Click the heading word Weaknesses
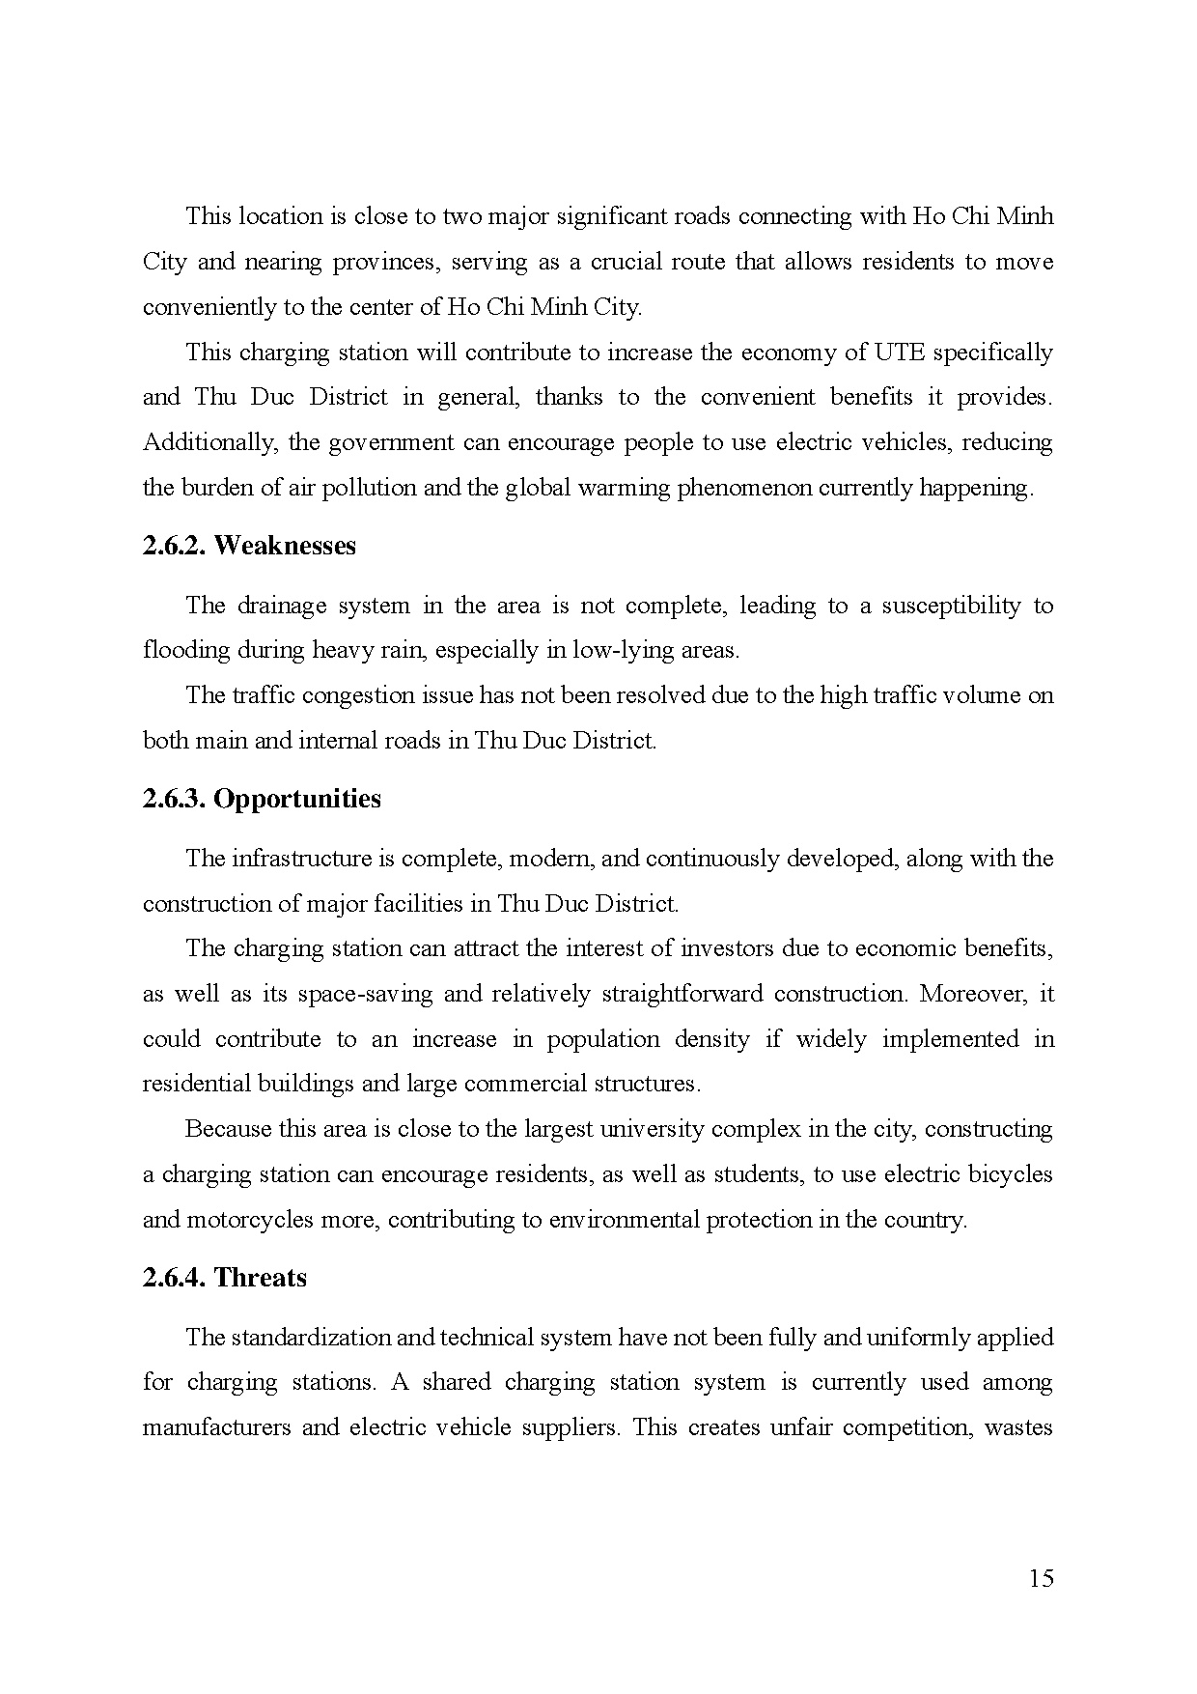point(285,546)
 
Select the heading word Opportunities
point(297,799)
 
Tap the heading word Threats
point(261,1278)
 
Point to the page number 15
point(1042,1579)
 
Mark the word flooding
point(181,650)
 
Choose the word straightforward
point(682,994)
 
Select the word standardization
point(313,1338)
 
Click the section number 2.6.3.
point(174,799)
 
